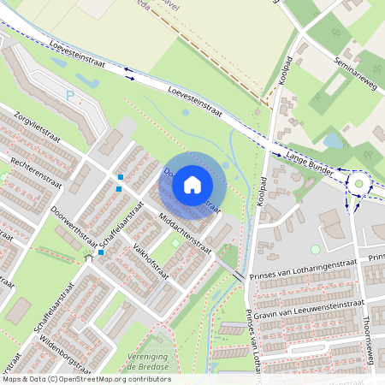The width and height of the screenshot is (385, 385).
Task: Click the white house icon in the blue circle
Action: [x=192, y=183]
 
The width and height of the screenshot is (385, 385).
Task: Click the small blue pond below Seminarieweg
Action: [x=330, y=139]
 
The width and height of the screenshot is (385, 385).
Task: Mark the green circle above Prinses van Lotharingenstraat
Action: [x=315, y=249]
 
